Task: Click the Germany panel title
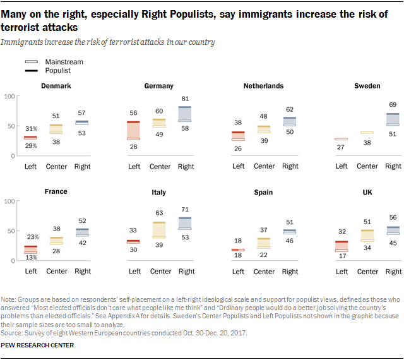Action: click(159, 86)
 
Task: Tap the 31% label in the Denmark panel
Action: click(30, 129)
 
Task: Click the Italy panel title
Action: click(159, 191)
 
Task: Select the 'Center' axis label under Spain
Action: click(263, 272)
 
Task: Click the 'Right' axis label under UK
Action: click(393, 272)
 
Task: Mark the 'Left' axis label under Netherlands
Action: click(238, 166)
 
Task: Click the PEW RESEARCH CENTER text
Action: click(37, 345)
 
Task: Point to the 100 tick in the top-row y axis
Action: click(9, 96)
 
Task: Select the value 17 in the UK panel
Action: click(342, 256)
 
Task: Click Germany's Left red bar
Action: click(134, 131)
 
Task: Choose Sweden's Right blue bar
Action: click(393, 119)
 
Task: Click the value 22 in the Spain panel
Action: click(263, 255)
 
